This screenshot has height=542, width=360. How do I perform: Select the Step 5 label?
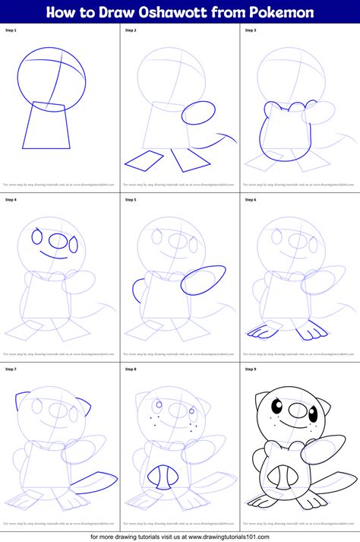(x=131, y=200)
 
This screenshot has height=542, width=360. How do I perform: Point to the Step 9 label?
(x=251, y=369)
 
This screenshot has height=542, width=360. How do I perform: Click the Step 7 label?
(x=11, y=369)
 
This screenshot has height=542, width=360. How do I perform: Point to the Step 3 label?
(x=251, y=30)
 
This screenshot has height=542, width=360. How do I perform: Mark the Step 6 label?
(x=251, y=200)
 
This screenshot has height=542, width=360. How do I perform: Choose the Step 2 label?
(x=131, y=30)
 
